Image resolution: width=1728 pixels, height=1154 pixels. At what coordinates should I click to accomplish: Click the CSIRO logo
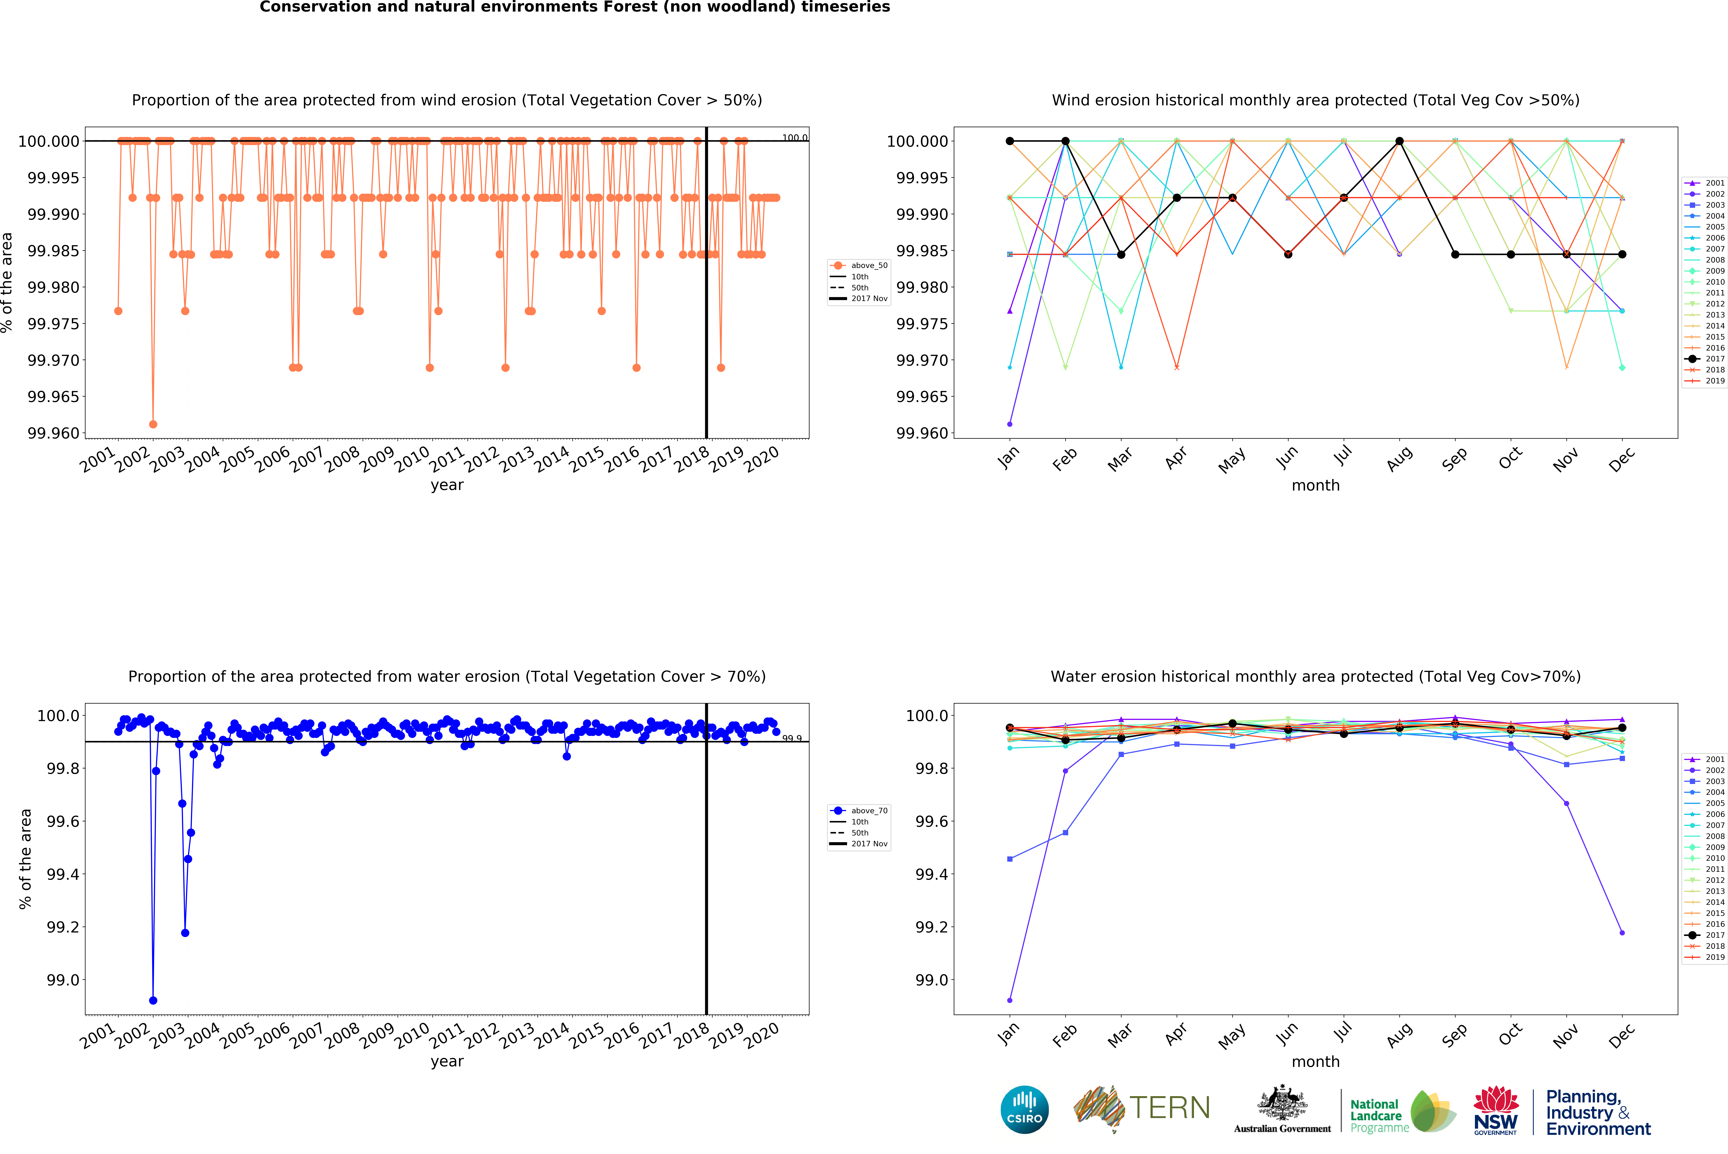point(1024,1109)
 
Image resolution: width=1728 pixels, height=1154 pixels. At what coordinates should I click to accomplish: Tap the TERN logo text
point(1169,1108)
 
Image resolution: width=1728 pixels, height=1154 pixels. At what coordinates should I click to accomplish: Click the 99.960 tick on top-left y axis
point(53,433)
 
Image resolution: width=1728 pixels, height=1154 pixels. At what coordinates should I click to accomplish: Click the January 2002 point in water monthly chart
point(1009,1000)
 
